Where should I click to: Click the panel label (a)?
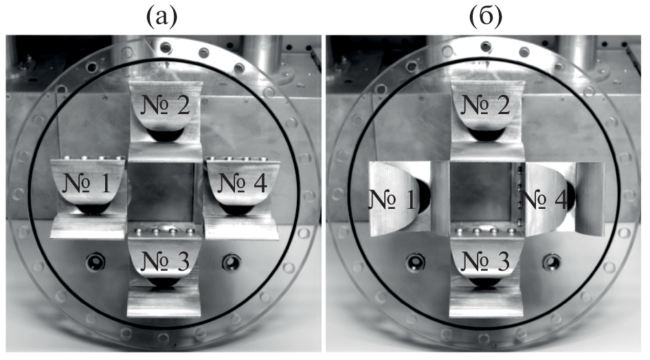pos(161,16)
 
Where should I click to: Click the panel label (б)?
pos(485,16)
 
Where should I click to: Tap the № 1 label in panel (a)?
pos(87,183)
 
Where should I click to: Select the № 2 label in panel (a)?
pos(166,104)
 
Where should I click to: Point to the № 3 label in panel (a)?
pos(166,260)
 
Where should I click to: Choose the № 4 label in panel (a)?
pos(242,183)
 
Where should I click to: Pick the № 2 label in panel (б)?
pos(485,104)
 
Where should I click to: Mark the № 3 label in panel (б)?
pos(485,260)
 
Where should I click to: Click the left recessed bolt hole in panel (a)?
pos(96,262)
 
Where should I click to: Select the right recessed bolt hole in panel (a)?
pos(232,262)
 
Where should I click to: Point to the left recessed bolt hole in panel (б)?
pos(416,262)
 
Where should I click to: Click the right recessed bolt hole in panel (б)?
pos(552,262)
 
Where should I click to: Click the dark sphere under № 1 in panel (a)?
pos(92,209)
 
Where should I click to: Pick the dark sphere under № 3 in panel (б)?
pos(485,282)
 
